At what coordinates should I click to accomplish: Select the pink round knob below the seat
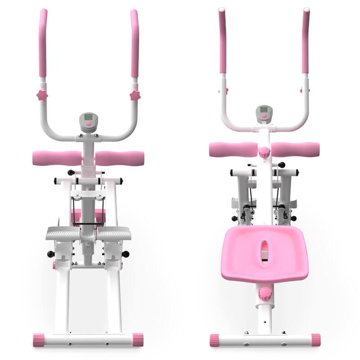tap(265, 294)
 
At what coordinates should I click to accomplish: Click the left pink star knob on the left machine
tap(42, 95)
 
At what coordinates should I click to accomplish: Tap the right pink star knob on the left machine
tap(135, 95)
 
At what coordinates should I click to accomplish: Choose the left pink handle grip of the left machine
tap(43, 43)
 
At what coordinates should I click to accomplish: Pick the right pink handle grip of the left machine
tap(134, 43)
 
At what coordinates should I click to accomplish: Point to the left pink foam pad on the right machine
tap(233, 149)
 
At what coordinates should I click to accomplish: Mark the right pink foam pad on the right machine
tap(295, 149)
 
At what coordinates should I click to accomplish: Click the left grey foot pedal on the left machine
tap(63, 233)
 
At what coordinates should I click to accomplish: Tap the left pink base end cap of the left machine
tap(39, 340)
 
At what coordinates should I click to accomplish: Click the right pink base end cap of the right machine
tap(315, 340)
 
